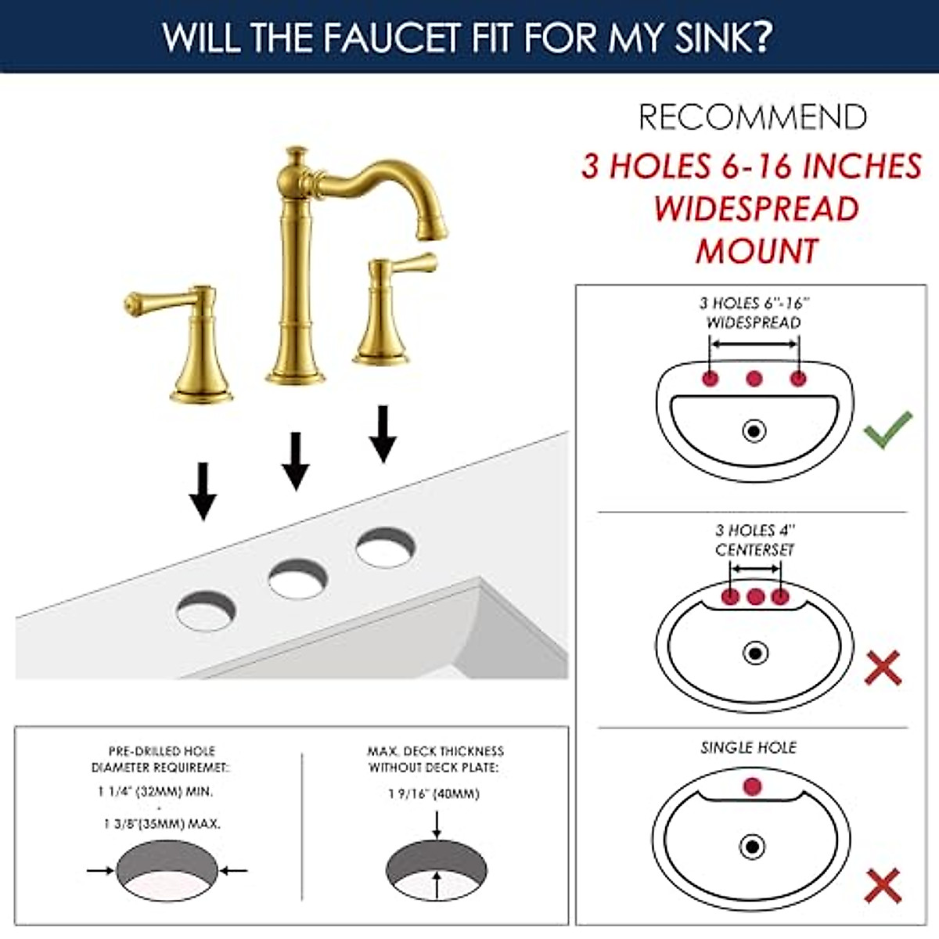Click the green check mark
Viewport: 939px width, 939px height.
point(888,429)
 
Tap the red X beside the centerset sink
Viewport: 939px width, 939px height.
point(883,668)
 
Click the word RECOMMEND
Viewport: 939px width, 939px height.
point(753,117)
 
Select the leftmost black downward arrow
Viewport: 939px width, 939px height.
point(203,491)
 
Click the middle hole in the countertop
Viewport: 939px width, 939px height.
point(297,578)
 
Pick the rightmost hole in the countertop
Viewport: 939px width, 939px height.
point(385,546)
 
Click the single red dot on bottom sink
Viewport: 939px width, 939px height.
point(752,786)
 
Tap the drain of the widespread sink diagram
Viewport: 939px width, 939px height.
point(754,430)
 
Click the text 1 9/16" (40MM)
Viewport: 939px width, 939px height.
point(434,793)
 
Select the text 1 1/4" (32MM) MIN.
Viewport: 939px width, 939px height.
point(155,791)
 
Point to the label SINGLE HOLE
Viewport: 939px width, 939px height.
point(748,747)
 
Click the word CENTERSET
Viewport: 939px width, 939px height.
point(754,550)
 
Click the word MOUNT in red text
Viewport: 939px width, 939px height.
point(757,251)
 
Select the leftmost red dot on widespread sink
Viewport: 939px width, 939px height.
point(711,379)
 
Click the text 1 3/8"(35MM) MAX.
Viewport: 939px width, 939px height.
point(162,823)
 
